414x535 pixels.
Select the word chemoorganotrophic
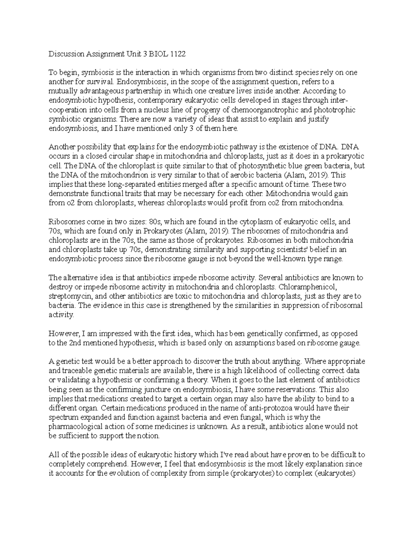pyautogui.click(x=266, y=110)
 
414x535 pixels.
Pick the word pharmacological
pyautogui.click(x=76, y=426)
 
